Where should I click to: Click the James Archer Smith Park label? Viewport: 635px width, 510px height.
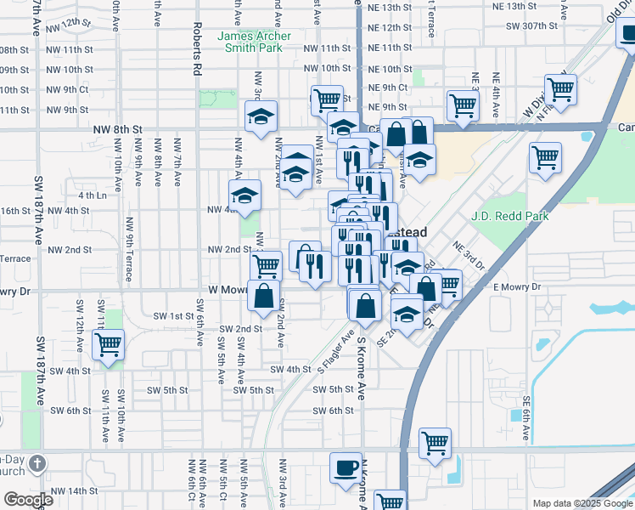point(254,42)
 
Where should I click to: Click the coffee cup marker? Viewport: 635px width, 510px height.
point(346,467)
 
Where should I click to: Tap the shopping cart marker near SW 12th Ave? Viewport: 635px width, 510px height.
point(108,345)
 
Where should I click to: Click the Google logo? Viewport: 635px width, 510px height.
point(29,500)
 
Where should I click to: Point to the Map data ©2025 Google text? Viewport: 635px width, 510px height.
point(582,503)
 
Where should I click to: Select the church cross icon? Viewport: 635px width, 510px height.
point(37,463)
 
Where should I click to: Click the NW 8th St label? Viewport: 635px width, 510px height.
point(115,128)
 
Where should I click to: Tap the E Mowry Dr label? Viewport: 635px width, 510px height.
point(517,288)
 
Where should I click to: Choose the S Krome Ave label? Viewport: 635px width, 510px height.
point(361,367)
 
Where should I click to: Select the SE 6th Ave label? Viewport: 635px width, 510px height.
point(526,419)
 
